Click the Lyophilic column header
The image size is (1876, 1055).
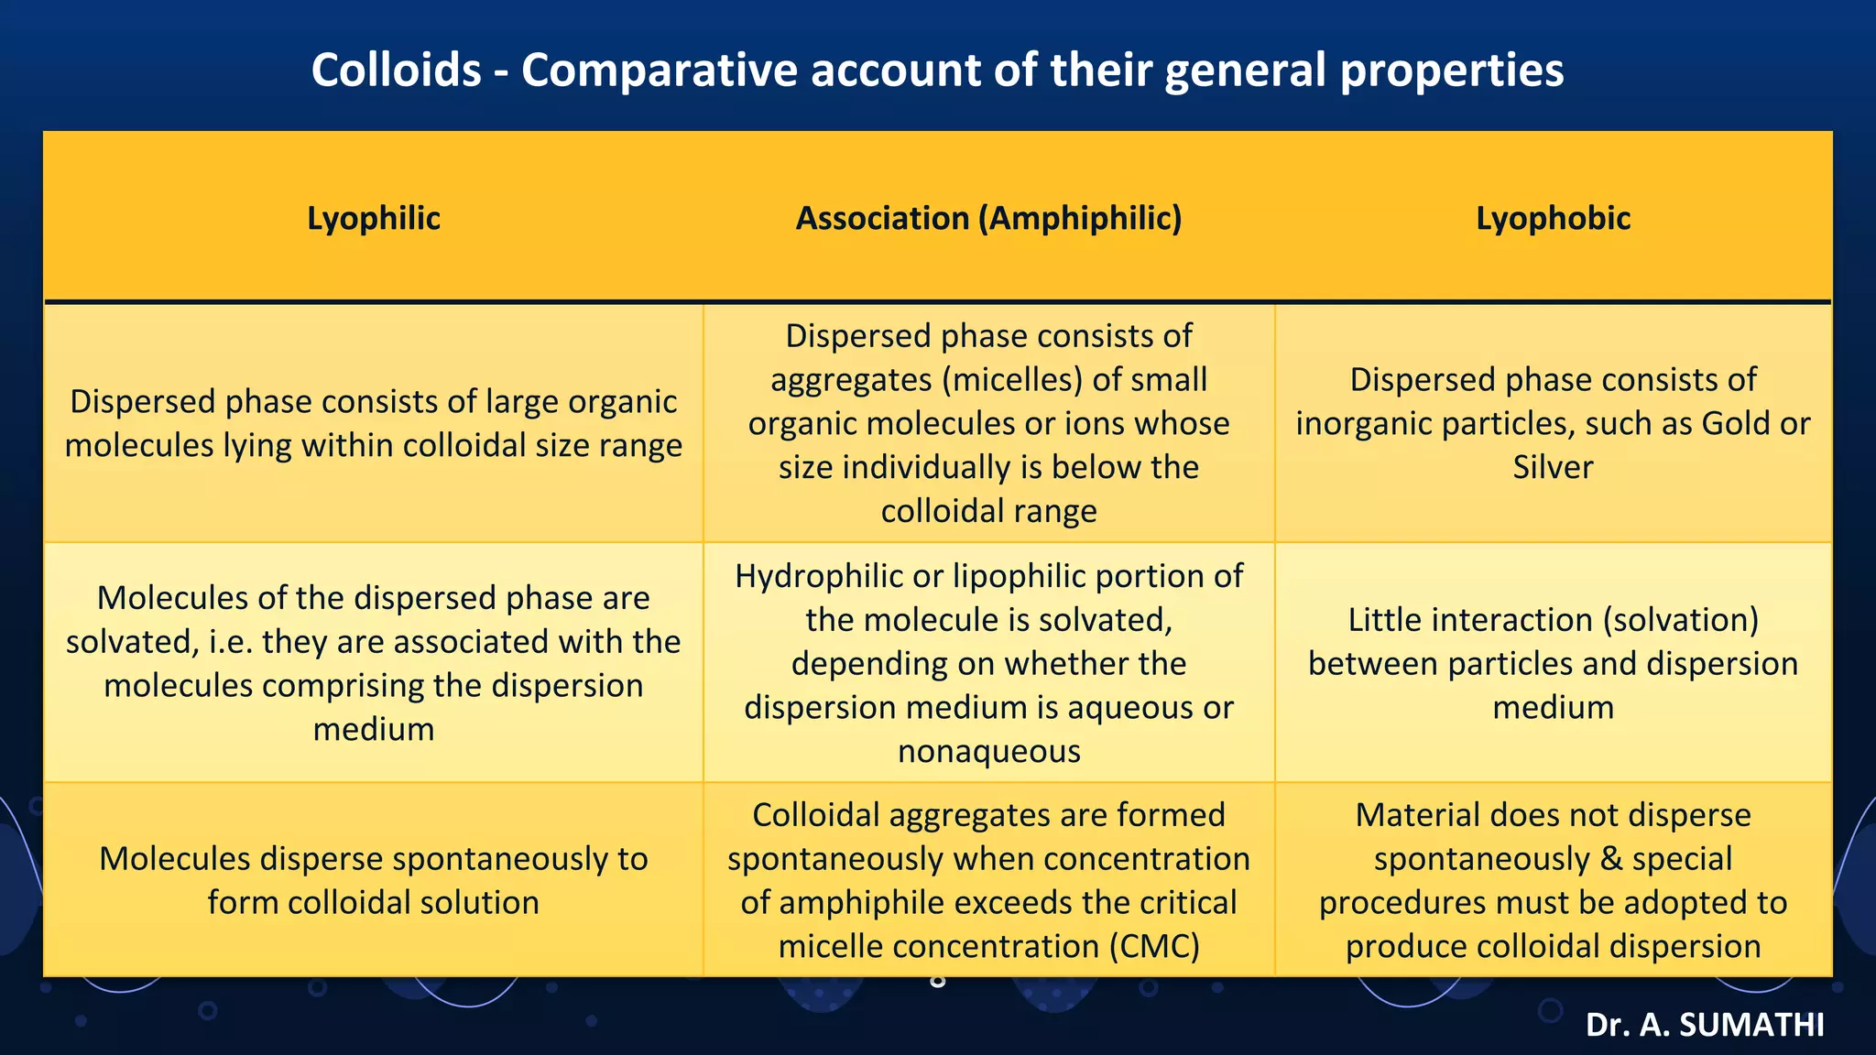(x=373, y=218)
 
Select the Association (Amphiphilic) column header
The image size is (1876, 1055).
(x=988, y=218)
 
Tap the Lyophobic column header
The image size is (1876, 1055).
(x=1553, y=218)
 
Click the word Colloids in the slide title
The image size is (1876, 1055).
(x=396, y=70)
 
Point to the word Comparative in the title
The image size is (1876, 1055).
(x=659, y=70)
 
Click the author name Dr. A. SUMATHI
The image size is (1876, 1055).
(x=1704, y=1025)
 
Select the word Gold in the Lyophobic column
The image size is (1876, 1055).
(x=1734, y=423)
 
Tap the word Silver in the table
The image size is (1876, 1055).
(x=1553, y=467)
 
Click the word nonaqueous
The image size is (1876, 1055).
(x=988, y=751)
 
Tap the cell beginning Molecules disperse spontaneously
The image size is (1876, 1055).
(x=373, y=880)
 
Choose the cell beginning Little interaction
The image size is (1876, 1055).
(x=1553, y=663)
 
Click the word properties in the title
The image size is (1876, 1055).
(x=1452, y=70)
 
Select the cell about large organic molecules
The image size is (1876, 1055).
(x=373, y=423)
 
